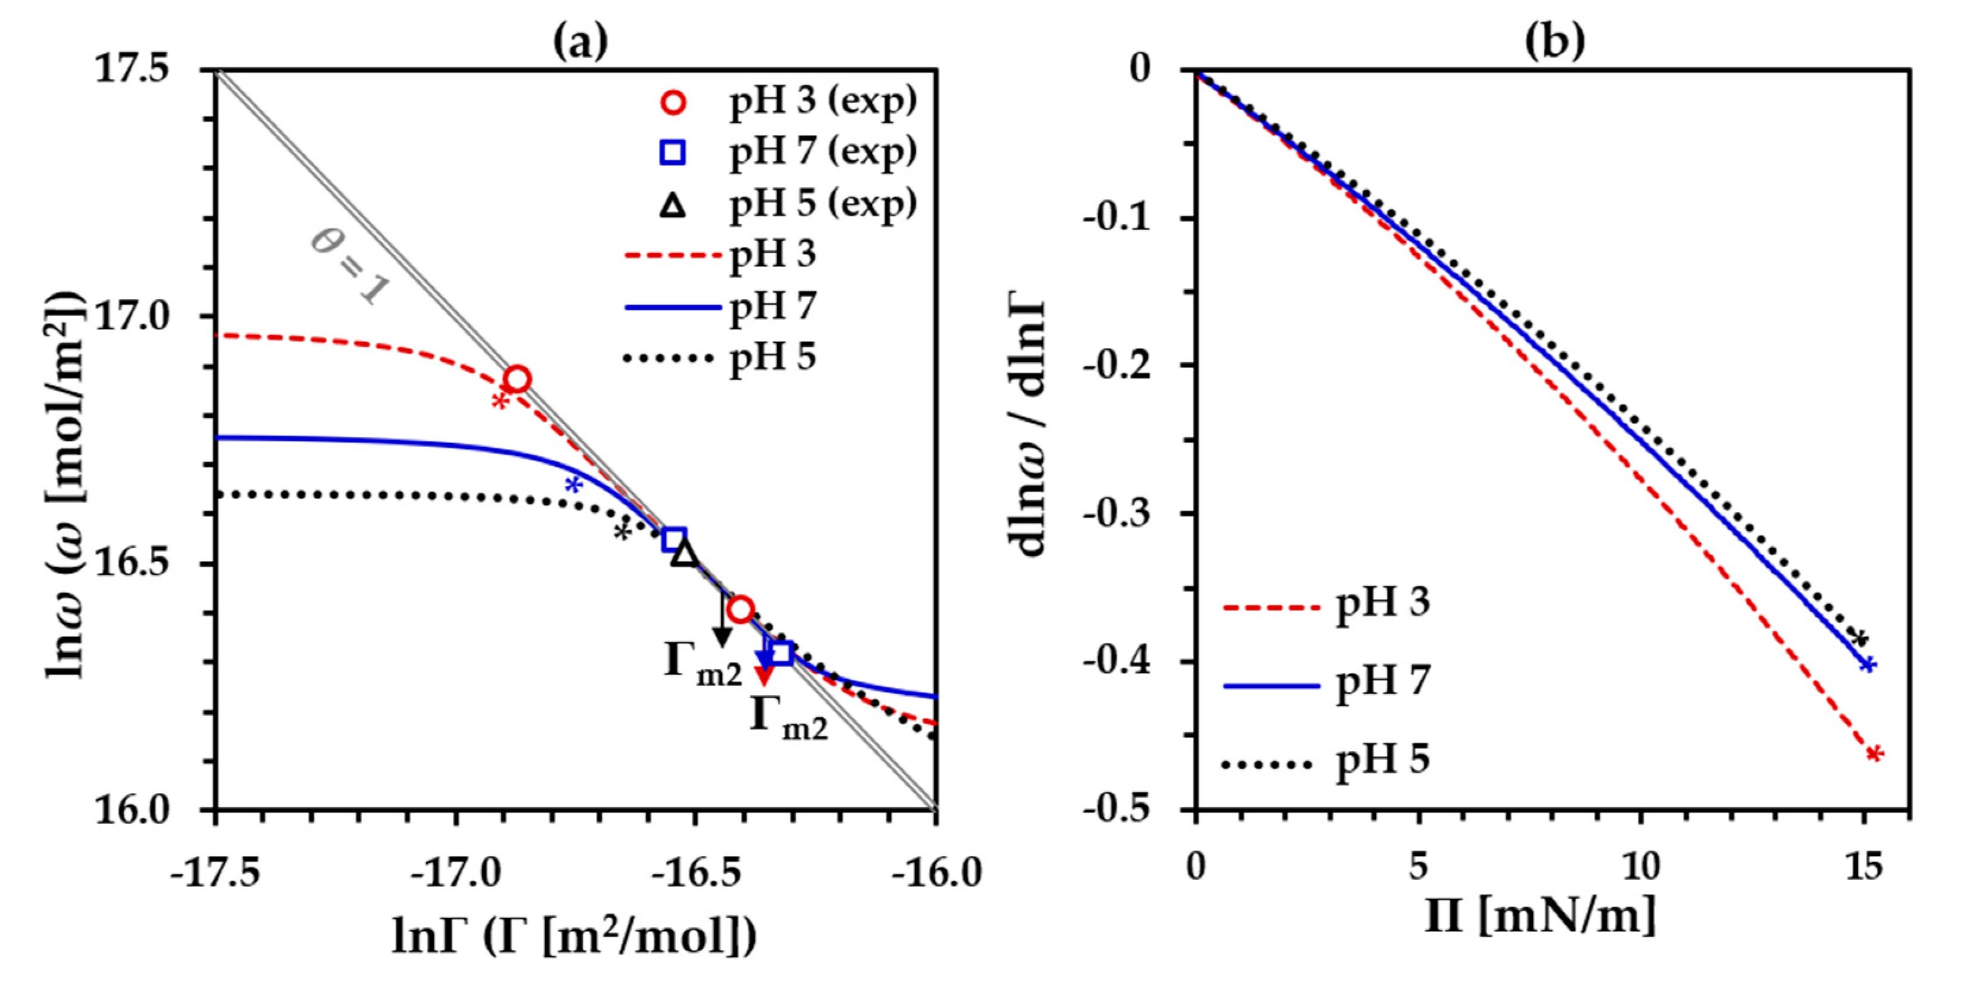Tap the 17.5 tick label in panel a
tap(131, 70)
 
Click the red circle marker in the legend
tap(673, 102)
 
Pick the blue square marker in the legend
tap(673, 153)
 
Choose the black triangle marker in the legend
tap(673, 205)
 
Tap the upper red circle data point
tap(517, 379)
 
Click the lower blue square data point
tap(781, 652)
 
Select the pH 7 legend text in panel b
tap(1383, 681)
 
